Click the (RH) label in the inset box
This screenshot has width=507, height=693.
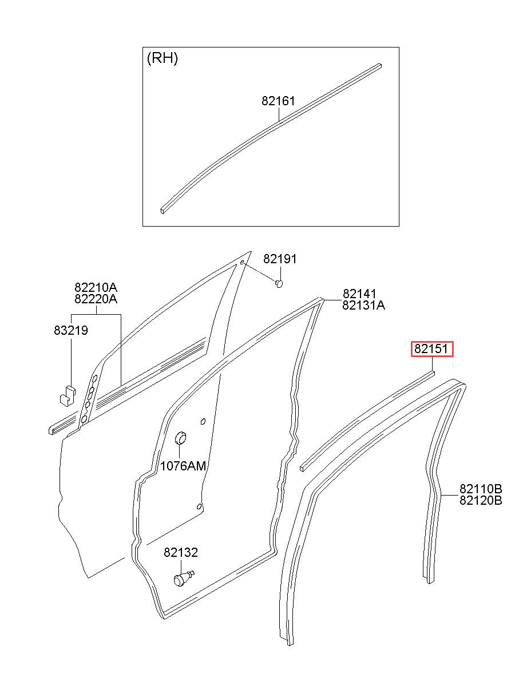162,58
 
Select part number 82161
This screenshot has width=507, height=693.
278,101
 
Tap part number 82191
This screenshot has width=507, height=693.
280,259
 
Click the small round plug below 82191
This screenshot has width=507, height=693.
279,283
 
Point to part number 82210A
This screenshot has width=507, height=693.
96,288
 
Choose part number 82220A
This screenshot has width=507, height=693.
96,299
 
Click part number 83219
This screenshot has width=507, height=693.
71,330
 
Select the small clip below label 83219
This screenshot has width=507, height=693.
68,396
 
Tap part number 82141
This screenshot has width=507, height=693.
359,294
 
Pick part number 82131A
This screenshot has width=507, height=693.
363,306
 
